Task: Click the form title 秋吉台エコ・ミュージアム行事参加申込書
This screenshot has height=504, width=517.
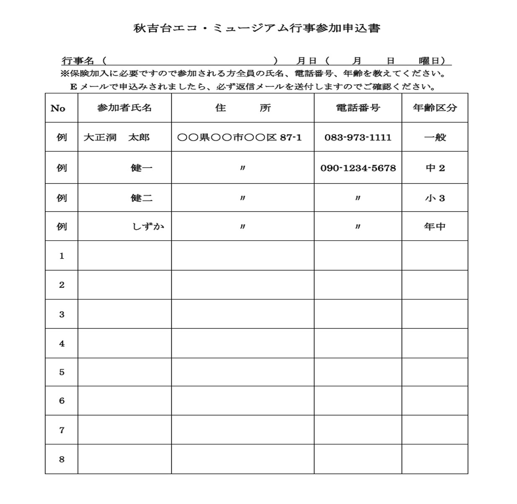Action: pyautogui.click(x=256, y=28)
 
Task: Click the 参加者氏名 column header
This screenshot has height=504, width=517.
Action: pyautogui.click(x=124, y=108)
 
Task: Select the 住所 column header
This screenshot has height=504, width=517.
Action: pyautogui.click(x=243, y=108)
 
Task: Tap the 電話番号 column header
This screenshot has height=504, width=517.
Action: pyautogui.click(x=358, y=108)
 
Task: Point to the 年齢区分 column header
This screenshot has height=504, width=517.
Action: pyautogui.click(x=434, y=108)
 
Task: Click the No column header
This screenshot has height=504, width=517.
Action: pyautogui.click(x=58, y=109)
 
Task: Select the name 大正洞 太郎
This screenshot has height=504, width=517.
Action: pyautogui.click(x=116, y=137)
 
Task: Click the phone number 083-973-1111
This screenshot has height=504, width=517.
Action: pyautogui.click(x=358, y=137)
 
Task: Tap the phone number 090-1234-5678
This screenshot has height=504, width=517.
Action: pyautogui.click(x=358, y=168)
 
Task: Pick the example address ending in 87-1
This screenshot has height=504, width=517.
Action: pyautogui.click(x=239, y=137)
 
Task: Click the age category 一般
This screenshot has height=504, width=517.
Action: pyautogui.click(x=434, y=137)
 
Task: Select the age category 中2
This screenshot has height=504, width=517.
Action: pyautogui.click(x=434, y=168)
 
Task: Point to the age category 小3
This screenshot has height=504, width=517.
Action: pyautogui.click(x=434, y=198)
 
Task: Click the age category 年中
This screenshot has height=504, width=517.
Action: pyautogui.click(x=434, y=227)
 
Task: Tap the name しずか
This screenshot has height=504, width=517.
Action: pyautogui.click(x=148, y=227)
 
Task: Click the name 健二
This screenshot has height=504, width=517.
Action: pyautogui.click(x=142, y=198)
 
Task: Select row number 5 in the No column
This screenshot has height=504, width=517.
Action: pyautogui.click(x=62, y=372)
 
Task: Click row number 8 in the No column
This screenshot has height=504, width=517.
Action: pyautogui.click(x=62, y=459)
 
